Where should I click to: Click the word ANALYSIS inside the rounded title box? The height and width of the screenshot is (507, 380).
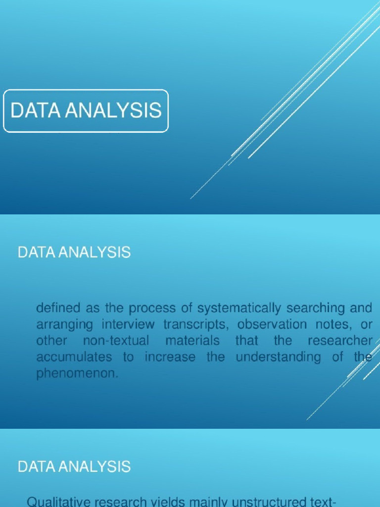pyautogui.click(x=115, y=110)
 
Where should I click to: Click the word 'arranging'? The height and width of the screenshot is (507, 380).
pyautogui.click(x=57, y=325)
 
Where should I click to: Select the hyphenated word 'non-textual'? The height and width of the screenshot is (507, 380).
pyautogui.click(x=117, y=341)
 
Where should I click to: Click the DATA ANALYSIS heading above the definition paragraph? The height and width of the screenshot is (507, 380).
pyautogui.click(x=74, y=253)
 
